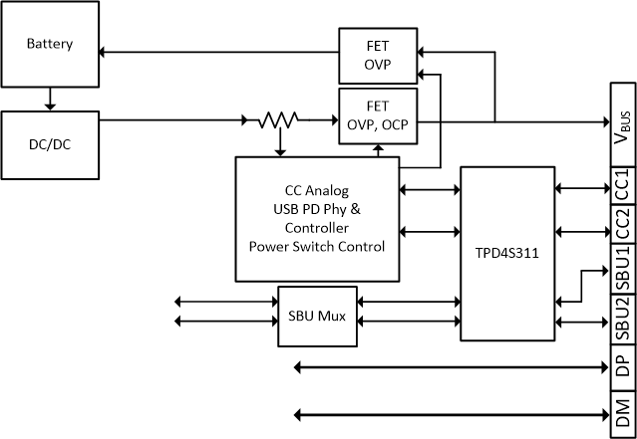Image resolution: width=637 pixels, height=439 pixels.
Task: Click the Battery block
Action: coord(50,46)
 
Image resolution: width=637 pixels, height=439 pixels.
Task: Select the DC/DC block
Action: coord(50,144)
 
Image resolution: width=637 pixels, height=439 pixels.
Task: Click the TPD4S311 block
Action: coord(506,254)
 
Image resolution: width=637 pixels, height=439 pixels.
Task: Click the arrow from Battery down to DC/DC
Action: coord(50,100)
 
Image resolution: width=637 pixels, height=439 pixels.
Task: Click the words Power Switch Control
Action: coord(317,246)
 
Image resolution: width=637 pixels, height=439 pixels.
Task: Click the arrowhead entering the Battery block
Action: coord(106,52)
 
